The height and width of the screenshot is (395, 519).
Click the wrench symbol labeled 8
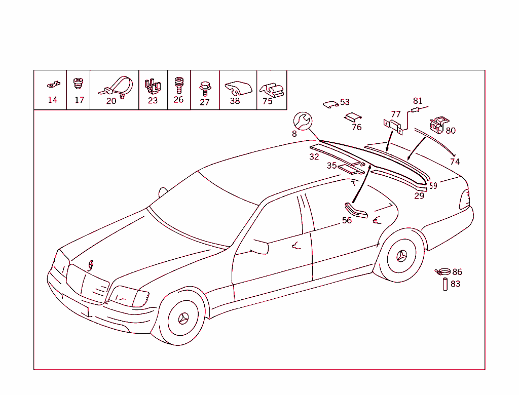pyautogui.click(x=303, y=121)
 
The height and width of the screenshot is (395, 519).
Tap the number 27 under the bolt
pyautogui.click(x=205, y=102)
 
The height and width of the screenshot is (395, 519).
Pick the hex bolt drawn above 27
pyautogui.click(x=205, y=88)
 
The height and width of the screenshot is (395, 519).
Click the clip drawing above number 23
pyautogui.click(x=153, y=86)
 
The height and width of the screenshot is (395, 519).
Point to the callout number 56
pyautogui.click(x=347, y=220)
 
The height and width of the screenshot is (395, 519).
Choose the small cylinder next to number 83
pyautogui.click(x=445, y=285)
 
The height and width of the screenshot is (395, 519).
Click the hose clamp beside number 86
pyautogui.click(x=443, y=272)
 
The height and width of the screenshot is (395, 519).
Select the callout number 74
pyautogui.click(x=455, y=162)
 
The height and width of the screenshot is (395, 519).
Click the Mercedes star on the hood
pyautogui.click(x=90, y=265)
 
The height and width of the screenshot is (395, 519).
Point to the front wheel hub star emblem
pyautogui.click(x=183, y=319)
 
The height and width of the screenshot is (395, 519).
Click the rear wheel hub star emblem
pyautogui.click(x=401, y=256)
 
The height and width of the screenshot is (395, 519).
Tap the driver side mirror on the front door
pyautogui.click(x=260, y=247)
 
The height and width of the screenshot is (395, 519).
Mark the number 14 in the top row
pyautogui.click(x=53, y=100)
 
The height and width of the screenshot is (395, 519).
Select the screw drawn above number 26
pyautogui.click(x=179, y=85)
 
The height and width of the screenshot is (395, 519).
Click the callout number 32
pyautogui.click(x=314, y=156)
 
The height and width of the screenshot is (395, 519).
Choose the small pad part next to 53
pyautogui.click(x=330, y=104)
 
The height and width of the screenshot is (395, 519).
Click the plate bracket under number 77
pyautogui.click(x=393, y=127)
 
